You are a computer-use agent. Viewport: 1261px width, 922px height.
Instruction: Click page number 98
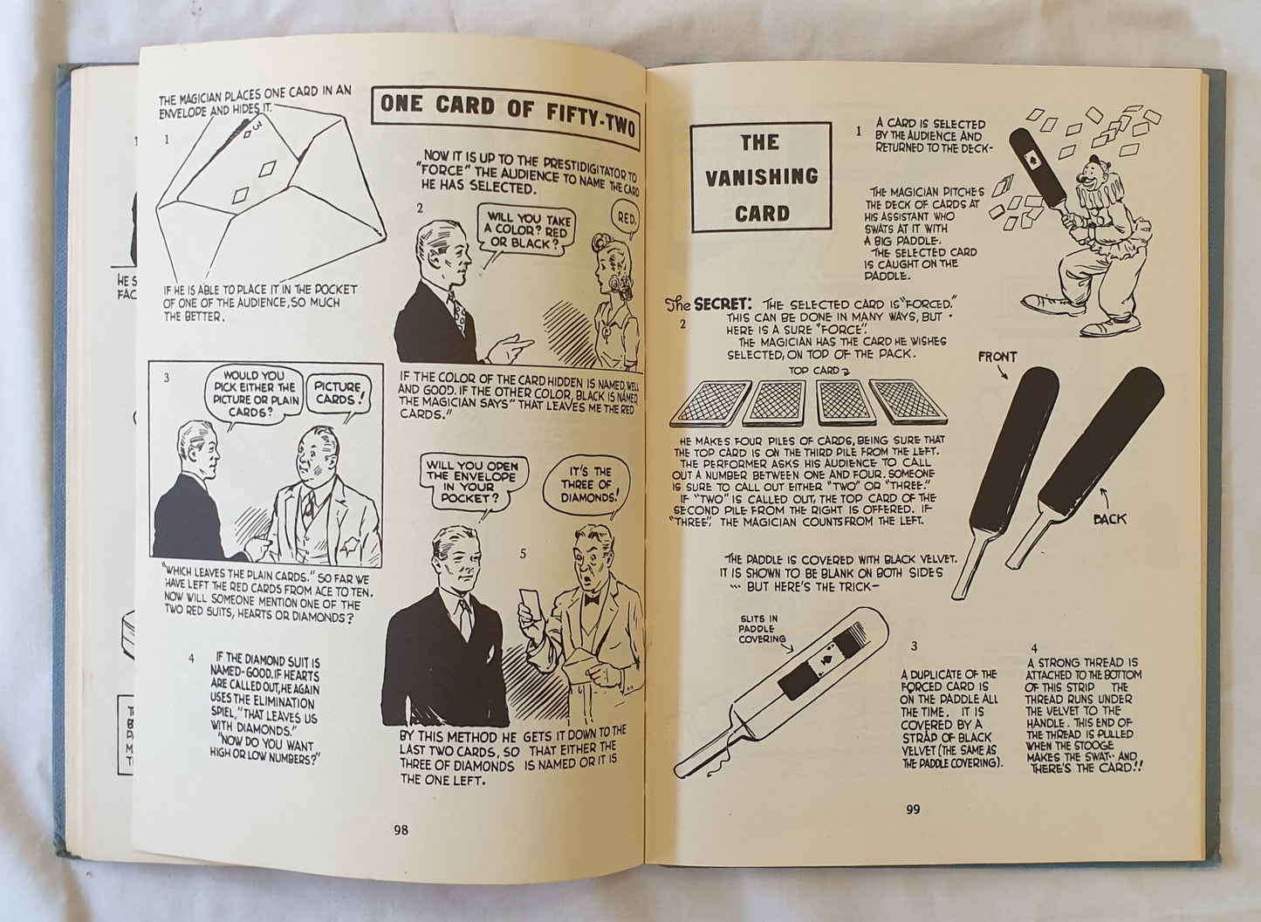401,830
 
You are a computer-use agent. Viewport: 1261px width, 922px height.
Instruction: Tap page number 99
913,809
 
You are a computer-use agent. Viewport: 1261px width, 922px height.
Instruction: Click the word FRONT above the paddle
997,357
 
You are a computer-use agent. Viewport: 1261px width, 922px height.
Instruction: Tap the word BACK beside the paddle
1109,519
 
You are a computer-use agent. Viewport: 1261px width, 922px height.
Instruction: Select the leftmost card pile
711,403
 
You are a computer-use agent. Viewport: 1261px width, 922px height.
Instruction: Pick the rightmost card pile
908,401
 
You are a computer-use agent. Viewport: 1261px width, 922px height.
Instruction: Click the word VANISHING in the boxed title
761,177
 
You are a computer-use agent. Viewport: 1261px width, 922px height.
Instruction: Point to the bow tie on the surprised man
591,599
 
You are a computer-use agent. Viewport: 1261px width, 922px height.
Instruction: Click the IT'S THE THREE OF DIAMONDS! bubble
586,487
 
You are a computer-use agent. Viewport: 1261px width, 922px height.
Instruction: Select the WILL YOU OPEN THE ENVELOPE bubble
473,484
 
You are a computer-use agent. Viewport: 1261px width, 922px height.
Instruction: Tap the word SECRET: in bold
719,304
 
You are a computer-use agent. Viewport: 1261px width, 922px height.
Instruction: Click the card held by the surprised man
529,604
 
